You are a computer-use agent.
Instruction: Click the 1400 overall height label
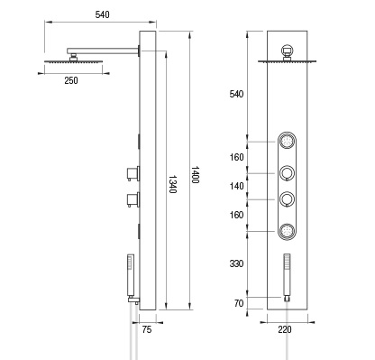tap(195, 175)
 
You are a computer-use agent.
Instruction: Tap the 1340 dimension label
tap(172, 184)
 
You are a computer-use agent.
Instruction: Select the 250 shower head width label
tap(71, 80)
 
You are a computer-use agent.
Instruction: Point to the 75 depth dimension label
tap(147, 330)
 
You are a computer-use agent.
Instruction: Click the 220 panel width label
tap(285, 329)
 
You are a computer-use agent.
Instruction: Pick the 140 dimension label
tap(237, 186)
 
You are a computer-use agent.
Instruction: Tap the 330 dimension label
tap(236, 263)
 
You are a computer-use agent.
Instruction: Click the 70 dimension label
tap(239, 303)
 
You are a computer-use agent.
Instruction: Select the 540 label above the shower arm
tap(103, 14)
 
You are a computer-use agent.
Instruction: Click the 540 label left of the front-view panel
tap(236, 94)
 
